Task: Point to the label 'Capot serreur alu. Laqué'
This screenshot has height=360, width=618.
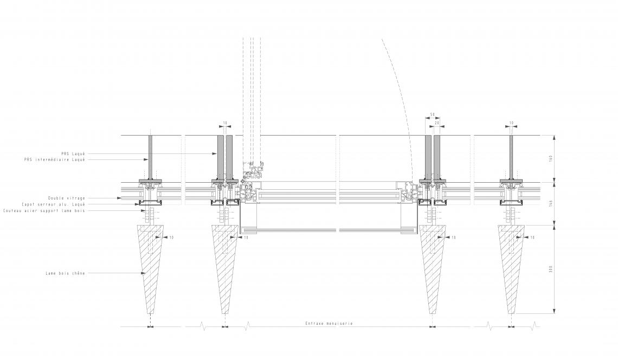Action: click(61, 204)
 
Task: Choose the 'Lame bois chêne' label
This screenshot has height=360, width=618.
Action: click(65, 273)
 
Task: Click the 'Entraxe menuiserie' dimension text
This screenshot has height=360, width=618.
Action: click(329, 323)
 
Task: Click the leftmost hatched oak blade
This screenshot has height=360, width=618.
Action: click(150, 266)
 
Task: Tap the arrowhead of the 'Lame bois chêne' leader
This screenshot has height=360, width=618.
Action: click(143, 273)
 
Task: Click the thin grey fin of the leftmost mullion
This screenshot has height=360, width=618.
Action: click(150, 157)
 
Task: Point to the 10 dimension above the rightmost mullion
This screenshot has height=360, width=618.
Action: click(511, 124)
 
